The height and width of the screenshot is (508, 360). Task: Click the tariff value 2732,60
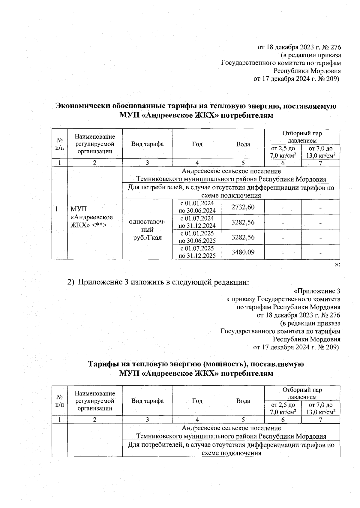243,207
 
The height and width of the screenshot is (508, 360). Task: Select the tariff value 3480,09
243,252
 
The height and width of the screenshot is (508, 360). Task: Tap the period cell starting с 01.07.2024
197,222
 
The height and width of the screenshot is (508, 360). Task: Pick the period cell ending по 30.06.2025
197,237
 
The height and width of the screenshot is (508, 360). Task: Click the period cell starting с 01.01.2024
197,207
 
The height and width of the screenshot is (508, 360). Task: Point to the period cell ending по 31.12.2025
197,252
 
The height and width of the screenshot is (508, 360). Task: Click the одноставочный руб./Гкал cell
147,230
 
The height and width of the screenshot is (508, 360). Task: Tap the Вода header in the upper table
243,144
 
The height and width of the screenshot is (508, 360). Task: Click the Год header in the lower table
197,401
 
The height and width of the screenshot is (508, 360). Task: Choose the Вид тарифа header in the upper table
147,144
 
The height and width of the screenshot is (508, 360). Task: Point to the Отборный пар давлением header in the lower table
302,393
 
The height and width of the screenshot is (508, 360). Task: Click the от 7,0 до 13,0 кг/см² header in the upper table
320,152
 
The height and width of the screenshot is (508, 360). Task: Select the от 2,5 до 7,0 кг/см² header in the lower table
283,408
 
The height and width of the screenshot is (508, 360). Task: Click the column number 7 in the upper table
320,163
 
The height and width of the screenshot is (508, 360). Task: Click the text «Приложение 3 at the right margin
317,291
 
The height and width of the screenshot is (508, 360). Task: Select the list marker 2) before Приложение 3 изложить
70,282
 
